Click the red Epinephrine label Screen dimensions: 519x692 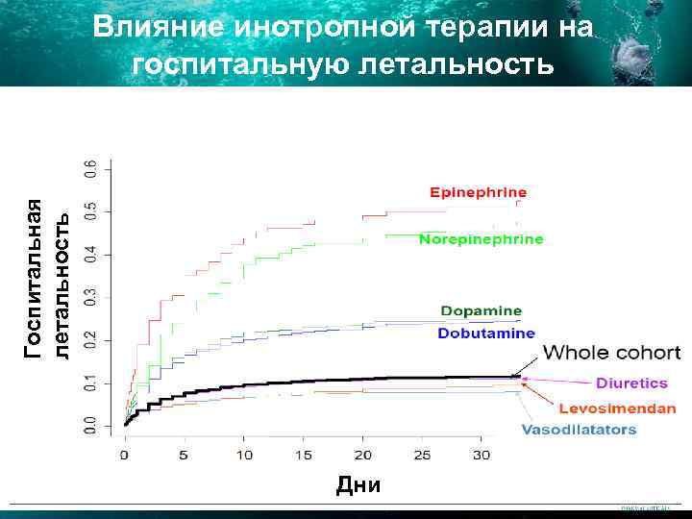pyautogui.click(x=478, y=191)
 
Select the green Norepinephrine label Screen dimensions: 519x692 pyautogui.click(x=481, y=238)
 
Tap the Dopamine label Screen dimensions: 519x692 pyautogui.click(x=482, y=310)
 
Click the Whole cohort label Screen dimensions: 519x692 pyautogui.click(x=612, y=354)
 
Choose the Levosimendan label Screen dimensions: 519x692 pyautogui.click(x=619, y=408)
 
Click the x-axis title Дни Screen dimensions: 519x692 pyautogui.click(x=358, y=485)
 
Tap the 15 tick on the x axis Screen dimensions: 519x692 pyautogui.click(x=304, y=452)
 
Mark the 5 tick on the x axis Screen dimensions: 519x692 pyautogui.click(x=185, y=452)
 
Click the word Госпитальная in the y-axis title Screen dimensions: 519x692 pyautogui.click(x=35, y=279)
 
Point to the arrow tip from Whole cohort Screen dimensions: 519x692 pyautogui.click(x=513, y=376)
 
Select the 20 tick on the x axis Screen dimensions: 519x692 pyautogui.click(x=363, y=452)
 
